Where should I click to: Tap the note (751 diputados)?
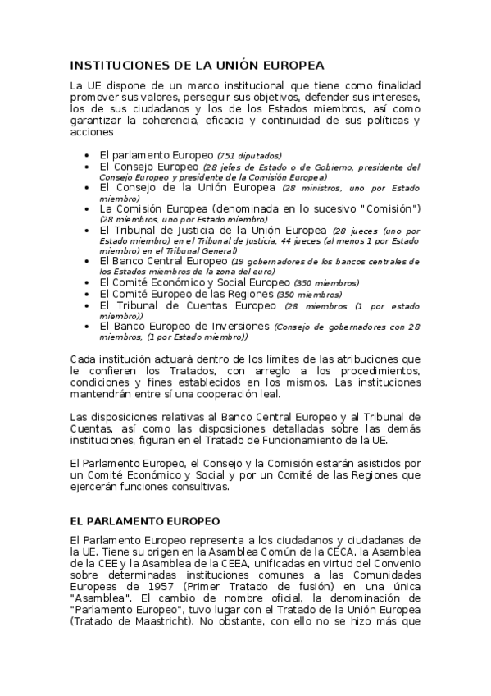(249, 155)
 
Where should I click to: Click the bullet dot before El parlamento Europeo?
(88, 154)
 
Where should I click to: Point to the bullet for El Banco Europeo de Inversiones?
(88, 326)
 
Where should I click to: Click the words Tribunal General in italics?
(206, 250)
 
